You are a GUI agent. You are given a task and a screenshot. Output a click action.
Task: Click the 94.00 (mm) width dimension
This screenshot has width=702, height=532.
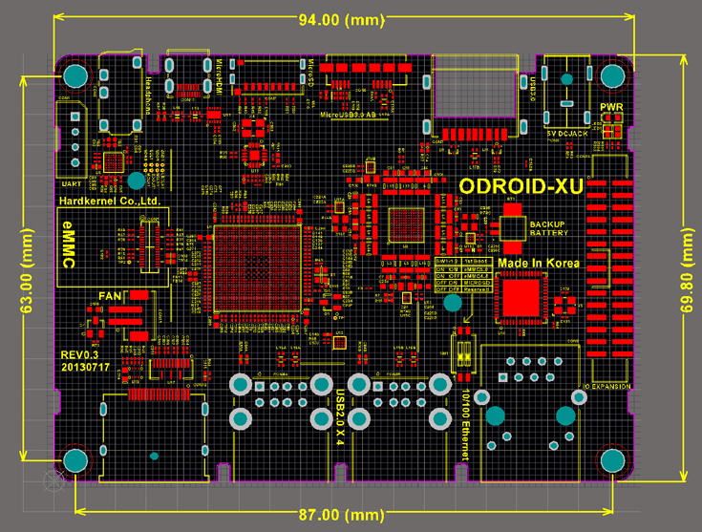[x=340, y=19]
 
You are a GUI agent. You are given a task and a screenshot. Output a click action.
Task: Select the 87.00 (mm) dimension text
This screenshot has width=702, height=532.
[x=340, y=514]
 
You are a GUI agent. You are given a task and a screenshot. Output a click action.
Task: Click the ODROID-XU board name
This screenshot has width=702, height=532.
[x=520, y=185]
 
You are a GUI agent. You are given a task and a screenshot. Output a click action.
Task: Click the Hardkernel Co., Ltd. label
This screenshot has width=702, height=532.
[x=108, y=202]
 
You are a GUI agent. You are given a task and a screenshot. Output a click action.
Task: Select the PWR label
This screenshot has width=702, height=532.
[x=611, y=107]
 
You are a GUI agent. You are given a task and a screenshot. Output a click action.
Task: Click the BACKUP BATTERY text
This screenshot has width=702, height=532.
[x=547, y=227]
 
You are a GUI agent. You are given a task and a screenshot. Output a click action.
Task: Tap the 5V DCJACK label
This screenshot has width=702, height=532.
[x=567, y=132]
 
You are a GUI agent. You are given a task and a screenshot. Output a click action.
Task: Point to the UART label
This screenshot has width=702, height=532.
[x=70, y=181]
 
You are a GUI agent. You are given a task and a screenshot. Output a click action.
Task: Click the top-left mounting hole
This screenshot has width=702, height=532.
[x=75, y=75]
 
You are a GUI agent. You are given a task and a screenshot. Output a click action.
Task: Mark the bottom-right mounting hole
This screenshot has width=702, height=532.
[x=613, y=461]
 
